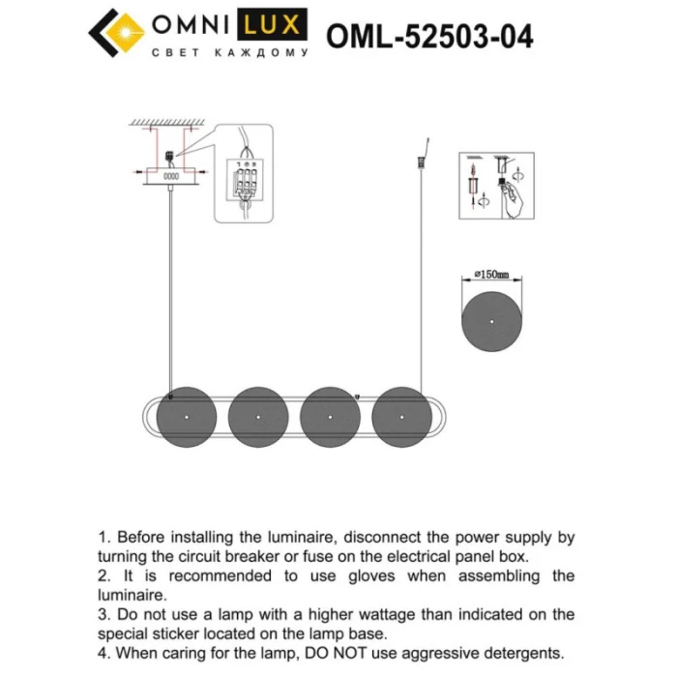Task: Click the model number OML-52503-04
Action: click(429, 36)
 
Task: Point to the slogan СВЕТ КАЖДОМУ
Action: click(230, 53)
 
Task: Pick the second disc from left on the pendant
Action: click(259, 416)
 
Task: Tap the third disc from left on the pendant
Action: click(331, 416)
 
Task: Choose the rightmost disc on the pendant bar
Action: click(402, 416)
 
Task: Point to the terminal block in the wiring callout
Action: click(245, 179)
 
